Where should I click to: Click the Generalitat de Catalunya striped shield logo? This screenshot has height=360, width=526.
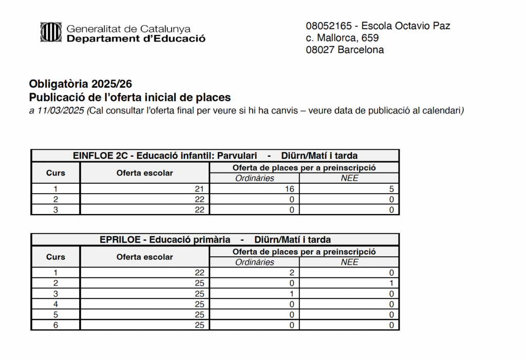[51, 32]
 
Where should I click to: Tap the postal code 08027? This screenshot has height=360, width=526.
[320, 50]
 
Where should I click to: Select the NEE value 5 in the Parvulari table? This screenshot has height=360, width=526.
[391, 189]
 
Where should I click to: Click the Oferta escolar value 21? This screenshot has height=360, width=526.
[199, 189]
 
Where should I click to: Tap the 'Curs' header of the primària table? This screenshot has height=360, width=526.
[55, 257]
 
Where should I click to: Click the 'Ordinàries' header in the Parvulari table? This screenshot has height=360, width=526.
[254, 178]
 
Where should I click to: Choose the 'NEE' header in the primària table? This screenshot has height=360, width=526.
[349, 262]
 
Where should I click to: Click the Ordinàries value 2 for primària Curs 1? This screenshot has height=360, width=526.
[291, 273]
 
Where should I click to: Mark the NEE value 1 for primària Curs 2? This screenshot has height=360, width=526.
[391, 283]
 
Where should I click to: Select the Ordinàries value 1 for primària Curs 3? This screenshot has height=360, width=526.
[291, 294]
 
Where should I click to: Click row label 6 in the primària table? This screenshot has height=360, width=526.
[55, 325]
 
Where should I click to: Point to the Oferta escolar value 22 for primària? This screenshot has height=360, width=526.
[199, 273]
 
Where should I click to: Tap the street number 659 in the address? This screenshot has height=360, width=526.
[370, 38]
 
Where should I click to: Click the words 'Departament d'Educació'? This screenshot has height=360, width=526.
[136, 39]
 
